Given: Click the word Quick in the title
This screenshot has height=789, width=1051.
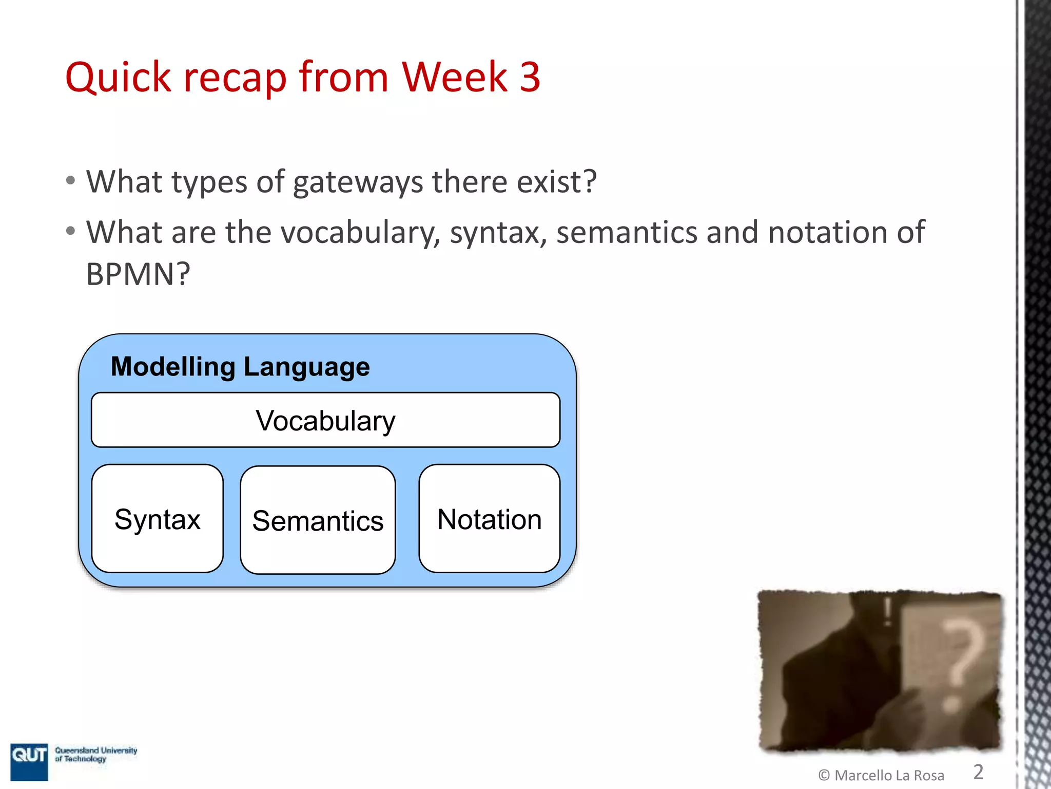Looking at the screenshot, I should (118, 78).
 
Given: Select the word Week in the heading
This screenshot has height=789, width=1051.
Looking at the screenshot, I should (454, 77).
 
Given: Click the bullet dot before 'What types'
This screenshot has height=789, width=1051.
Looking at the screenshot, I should (71, 181).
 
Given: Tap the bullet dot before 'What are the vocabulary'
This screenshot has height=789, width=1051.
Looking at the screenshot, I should (71, 231).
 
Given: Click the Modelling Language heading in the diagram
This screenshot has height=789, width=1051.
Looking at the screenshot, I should (240, 367).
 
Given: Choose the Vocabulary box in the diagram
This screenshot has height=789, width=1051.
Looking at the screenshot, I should (325, 420).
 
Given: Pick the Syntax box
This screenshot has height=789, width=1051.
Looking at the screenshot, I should (157, 519).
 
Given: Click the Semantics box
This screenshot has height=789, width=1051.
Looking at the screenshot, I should (318, 520).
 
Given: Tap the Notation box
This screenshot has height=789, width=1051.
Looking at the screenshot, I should (489, 519).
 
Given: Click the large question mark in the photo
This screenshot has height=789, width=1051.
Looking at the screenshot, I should (962, 663).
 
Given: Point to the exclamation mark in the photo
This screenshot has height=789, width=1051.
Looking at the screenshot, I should (887, 611).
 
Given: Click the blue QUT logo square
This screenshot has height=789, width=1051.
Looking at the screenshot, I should (29, 761).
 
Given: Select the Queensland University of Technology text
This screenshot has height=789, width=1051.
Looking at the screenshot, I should (96, 754).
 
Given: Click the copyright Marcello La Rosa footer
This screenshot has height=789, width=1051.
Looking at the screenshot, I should (881, 775).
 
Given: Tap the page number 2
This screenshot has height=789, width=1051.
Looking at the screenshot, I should (978, 772).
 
